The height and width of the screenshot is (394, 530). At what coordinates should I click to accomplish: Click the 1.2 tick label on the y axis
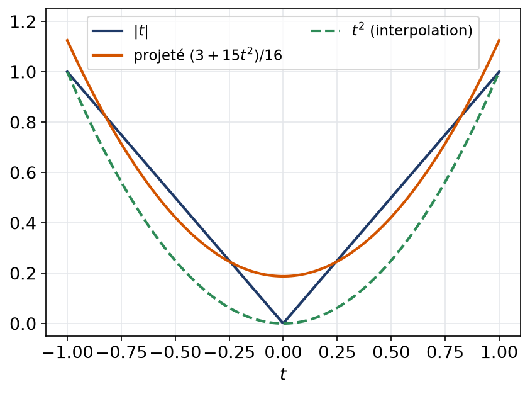(x=23, y=22)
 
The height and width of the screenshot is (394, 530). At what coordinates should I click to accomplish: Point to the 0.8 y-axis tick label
(x=23, y=123)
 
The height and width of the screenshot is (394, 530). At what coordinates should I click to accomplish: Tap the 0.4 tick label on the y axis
(x=23, y=223)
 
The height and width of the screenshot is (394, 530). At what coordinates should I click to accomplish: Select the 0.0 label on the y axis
(x=23, y=324)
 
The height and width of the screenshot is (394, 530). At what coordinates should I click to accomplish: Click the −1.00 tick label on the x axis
(x=67, y=352)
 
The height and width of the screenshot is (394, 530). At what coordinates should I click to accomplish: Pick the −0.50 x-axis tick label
(x=175, y=352)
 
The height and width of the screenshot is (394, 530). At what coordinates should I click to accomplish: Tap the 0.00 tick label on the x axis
(x=284, y=352)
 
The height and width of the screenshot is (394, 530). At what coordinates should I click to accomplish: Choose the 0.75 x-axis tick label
(x=445, y=352)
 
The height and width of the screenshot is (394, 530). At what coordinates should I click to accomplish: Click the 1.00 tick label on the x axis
(x=499, y=352)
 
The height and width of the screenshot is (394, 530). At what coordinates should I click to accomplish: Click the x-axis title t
(x=284, y=374)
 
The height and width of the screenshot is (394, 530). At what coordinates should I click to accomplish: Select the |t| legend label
(x=141, y=31)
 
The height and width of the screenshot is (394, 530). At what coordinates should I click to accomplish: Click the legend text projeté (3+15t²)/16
(x=208, y=55)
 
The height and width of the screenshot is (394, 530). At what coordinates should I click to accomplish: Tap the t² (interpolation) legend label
(x=412, y=30)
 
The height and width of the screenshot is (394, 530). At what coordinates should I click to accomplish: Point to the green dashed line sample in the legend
(x=326, y=31)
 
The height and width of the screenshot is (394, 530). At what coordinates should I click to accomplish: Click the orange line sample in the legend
(x=108, y=55)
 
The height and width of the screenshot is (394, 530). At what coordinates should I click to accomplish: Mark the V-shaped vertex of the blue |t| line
(x=284, y=324)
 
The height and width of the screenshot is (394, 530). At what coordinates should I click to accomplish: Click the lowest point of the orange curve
(x=284, y=276)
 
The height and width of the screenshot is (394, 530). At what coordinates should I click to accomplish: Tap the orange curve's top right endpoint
(x=499, y=40)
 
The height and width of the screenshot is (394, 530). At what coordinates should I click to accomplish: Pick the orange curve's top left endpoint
(x=67, y=40)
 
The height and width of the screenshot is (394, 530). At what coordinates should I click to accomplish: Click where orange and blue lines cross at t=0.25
(x=336, y=262)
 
